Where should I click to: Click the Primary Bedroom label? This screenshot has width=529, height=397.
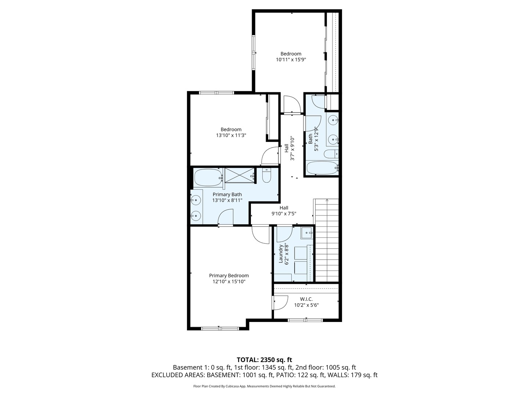tap(228, 276)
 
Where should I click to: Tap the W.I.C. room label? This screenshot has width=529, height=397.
tap(306, 299)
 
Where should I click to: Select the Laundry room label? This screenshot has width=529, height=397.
tap(281, 254)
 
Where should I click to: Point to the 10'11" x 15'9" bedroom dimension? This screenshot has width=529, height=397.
tap(291, 60)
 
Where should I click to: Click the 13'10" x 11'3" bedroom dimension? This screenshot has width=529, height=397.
tap(231, 135)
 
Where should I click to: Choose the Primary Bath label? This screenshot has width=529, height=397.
tap(227, 194)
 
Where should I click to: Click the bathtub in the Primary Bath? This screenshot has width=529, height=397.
tap(208, 178)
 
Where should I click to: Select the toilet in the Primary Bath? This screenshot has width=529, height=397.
tap(267, 176)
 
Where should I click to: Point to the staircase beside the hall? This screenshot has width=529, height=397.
tap(327, 239)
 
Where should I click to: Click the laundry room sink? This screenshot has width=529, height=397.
tap(306, 233)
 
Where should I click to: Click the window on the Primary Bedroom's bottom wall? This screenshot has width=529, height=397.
tap(219, 328)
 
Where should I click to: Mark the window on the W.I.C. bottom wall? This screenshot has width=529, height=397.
tap(305, 320)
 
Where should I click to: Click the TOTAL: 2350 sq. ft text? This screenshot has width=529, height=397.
tap(264, 360)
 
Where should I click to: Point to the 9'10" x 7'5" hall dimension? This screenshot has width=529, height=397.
tap(284, 213)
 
